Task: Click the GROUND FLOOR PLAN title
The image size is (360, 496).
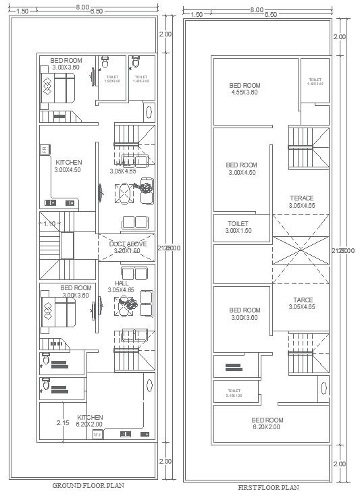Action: point(88,485)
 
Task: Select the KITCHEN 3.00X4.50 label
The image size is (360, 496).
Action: point(68,166)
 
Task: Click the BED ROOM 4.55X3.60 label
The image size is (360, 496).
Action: point(245,89)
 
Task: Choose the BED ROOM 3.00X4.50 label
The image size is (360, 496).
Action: point(242,169)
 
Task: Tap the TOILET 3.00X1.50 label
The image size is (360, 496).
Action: point(238,227)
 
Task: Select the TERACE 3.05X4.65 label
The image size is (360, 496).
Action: point(301,202)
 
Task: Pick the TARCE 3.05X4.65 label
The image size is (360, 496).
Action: point(301,303)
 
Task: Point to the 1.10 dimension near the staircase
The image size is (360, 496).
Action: point(49,223)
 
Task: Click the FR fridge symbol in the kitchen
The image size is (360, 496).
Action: point(44,150)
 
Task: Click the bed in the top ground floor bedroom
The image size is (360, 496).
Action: point(57,88)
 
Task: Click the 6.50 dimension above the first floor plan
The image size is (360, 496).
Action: point(271,13)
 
